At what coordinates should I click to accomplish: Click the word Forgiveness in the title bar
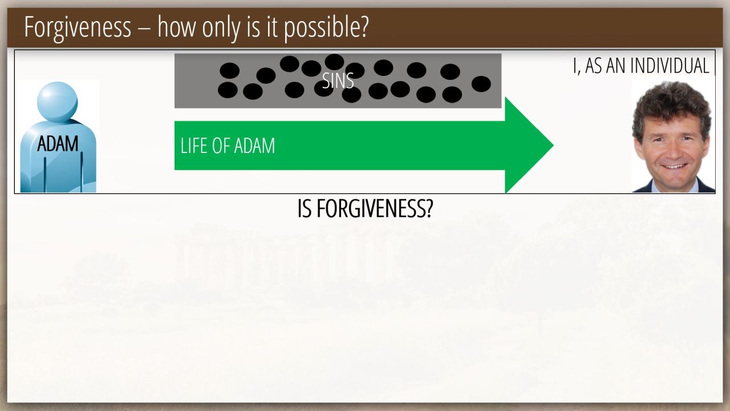click(x=78, y=27)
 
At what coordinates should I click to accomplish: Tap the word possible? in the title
click(x=326, y=27)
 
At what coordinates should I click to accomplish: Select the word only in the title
click(x=221, y=27)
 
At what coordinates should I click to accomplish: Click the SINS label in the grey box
click(x=338, y=80)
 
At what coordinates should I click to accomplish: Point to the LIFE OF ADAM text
click(x=228, y=146)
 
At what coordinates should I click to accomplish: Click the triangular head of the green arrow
click(x=529, y=145)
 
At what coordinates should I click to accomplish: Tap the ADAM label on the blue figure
click(x=58, y=143)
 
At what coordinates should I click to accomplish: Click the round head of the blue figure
click(x=58, y=102)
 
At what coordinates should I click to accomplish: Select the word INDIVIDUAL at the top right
click(x=670, y=66)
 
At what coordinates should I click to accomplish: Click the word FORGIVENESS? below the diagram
click(x=375, y=208)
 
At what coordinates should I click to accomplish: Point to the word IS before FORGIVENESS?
click(x=305, y=208)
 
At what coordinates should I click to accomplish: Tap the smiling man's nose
click(x=675, y=151)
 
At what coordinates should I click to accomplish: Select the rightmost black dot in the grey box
click(x=481, y=84)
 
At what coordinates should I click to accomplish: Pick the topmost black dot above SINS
click(x=334, y=62)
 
